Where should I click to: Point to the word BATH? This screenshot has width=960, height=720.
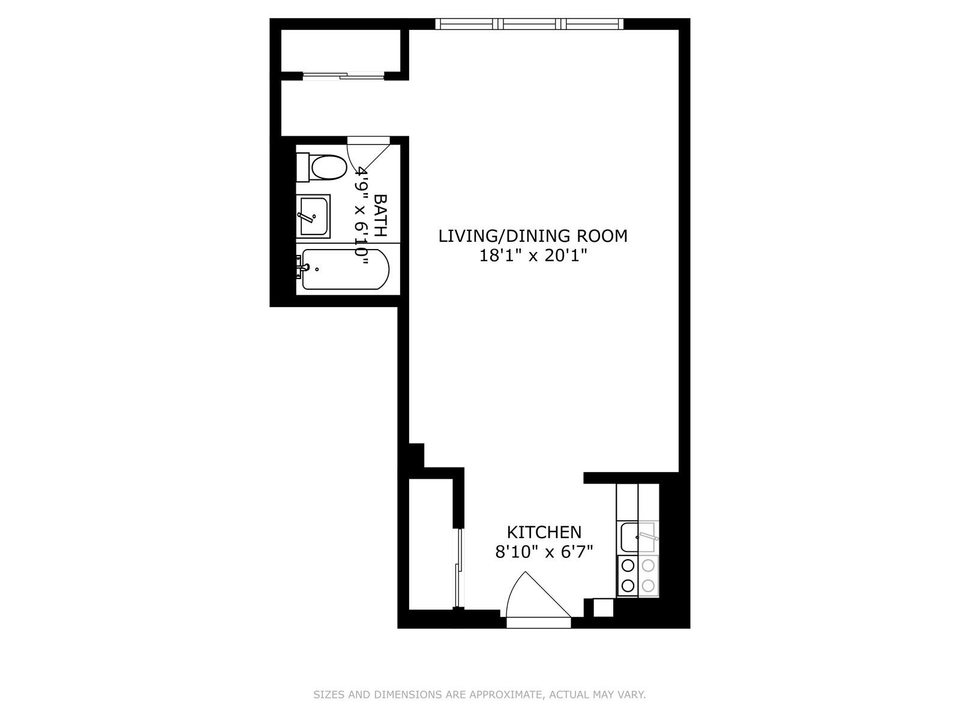[380, 215]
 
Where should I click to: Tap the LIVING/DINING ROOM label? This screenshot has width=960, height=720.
[533, 236]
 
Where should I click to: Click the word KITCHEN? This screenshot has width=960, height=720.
[544, 532]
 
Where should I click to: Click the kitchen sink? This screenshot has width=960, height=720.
[638, 537]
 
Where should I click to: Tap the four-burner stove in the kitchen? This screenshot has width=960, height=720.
[638, 575]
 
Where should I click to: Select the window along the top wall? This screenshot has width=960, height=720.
[529, 24]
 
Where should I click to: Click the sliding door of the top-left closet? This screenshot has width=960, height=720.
[343, 76]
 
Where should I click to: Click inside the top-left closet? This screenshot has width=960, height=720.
[341, 50]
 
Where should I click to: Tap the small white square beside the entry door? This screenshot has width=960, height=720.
[603, 607]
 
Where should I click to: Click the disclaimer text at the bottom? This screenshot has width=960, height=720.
[479, 695]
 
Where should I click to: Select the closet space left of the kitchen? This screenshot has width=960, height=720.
[430, 543]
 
